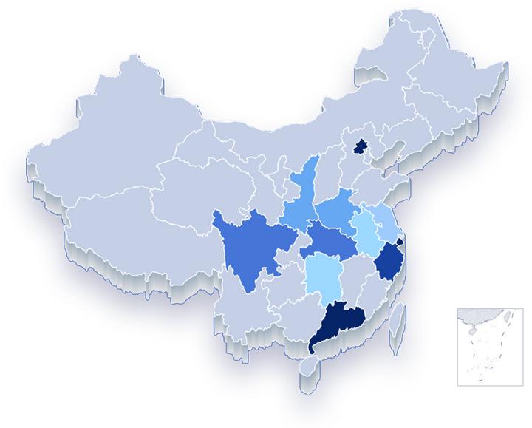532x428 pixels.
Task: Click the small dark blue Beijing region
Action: pos(362,146)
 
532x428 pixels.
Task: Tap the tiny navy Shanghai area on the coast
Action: pos(400,241)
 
